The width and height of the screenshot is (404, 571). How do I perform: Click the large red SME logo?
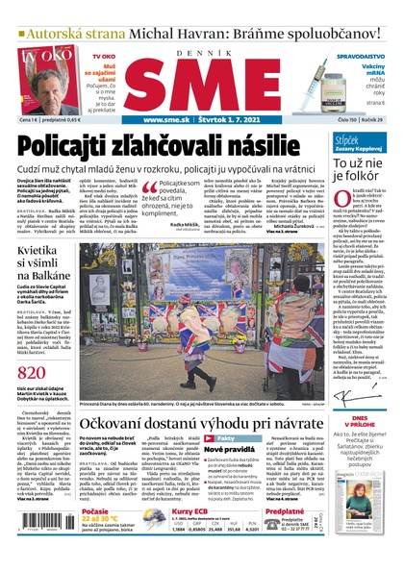(x=199, y=87)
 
